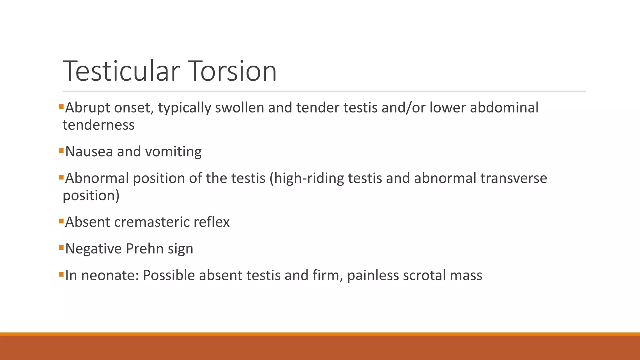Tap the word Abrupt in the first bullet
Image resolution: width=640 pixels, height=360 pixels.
[87, 108]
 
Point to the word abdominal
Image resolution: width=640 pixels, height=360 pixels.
[504, 108]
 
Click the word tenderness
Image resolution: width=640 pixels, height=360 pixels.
[98, 125]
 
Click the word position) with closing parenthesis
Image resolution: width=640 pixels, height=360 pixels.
[91, 196]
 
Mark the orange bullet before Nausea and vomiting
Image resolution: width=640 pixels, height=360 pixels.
[61, 151]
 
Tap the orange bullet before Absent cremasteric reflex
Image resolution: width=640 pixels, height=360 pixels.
[61, 221]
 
